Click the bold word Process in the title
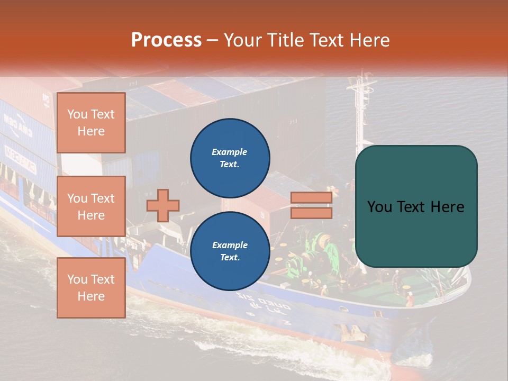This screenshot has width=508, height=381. point(166,40)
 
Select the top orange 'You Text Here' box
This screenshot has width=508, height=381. point(91,123)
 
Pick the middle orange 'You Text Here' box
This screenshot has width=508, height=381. point(91,206)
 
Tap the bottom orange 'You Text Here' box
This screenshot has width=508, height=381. point(91,288)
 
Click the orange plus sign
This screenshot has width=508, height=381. point(163,206)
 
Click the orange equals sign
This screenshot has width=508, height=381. point(312,205)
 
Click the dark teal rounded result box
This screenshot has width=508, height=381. point(416,206)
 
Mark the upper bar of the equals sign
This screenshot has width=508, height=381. point(312,198)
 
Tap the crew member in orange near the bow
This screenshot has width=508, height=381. point(409,299)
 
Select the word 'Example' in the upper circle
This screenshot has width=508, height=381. point(230,152)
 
